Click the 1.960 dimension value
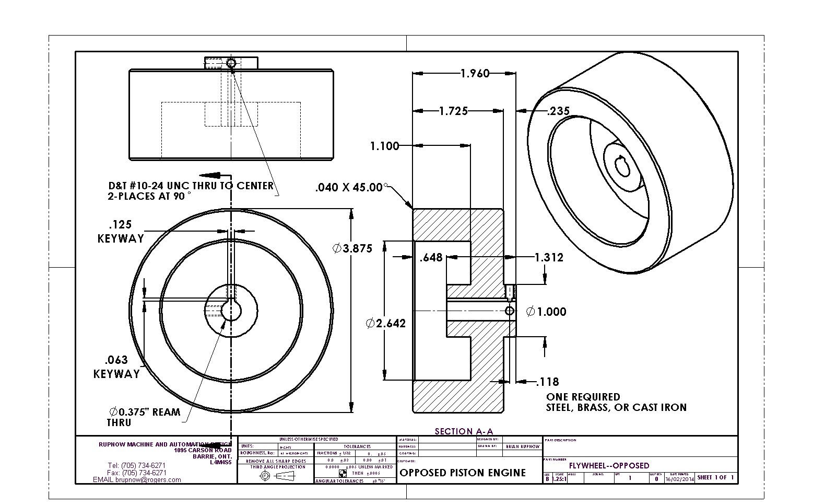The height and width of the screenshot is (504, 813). [475, 73]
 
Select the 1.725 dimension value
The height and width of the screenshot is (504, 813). [453, 111]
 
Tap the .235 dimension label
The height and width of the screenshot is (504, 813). [558, 111]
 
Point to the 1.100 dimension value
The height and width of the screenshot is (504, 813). [384, 146]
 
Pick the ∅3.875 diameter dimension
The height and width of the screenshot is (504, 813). [353, 248]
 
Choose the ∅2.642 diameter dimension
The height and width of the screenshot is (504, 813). [386, 324]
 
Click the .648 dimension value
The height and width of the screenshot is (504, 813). [431, 257]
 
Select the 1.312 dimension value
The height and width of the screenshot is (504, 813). [549, 257]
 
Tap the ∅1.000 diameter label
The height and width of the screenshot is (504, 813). [546, 312]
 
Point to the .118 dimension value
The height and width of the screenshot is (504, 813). [547, 382]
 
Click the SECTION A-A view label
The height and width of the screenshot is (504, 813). [464, 431]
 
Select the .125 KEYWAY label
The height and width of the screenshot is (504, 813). [121, 232]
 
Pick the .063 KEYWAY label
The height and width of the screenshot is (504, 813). [117, 366]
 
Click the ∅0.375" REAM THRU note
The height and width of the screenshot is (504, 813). [144, 417]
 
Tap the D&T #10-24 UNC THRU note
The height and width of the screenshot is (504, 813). [190, 191]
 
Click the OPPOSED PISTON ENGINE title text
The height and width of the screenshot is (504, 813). [463, 473]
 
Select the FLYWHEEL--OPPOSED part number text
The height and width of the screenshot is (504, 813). [609, 465]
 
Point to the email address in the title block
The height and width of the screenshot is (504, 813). [137, 479]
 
